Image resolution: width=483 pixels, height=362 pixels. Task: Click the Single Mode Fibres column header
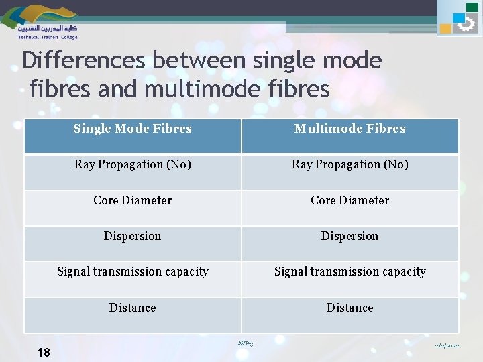coord(132,129)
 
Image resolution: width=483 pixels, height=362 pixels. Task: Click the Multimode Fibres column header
coord(350,129)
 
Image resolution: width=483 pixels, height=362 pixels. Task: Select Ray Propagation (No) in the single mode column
coord(132,164)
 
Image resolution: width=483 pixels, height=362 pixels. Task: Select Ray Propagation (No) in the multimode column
coord(350,164)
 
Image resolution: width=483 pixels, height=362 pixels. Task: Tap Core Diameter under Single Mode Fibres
coord(132,200)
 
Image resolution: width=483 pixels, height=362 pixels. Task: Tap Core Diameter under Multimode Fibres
coord(350,200)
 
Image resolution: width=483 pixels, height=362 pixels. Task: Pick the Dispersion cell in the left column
coord(132,236)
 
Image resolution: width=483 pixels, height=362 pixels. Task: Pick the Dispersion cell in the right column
coord(350,236)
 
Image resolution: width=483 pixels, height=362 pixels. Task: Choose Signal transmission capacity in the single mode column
coord(132,271)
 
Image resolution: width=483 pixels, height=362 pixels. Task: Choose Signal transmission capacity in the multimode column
coord(350,271)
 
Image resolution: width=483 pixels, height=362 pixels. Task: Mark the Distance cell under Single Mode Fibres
coord(132,308)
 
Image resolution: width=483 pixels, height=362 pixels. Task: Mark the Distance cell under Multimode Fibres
coord(350,308)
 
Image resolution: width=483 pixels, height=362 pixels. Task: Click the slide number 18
coord(44,352)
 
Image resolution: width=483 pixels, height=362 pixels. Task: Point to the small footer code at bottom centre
coord(245,344)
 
